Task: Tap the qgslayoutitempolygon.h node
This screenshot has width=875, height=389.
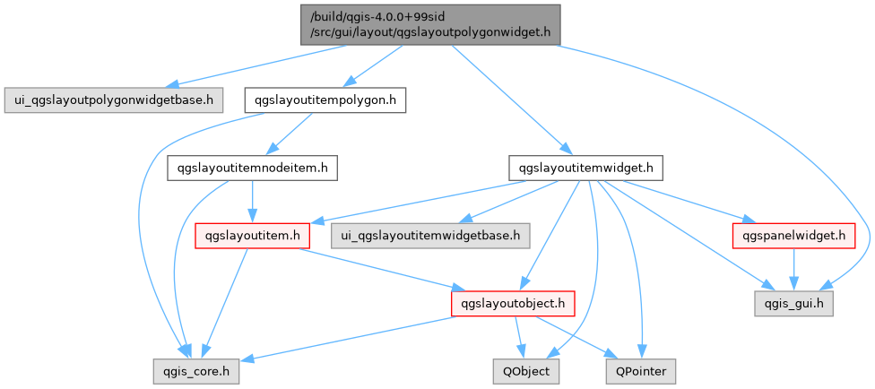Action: [x=325, y=99]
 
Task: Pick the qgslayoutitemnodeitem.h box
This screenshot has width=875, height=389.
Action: [x=253, y=168]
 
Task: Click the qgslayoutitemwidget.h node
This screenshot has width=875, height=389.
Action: [x=585, y=168]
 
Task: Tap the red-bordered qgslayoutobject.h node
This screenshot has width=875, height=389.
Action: [x=511, y=304]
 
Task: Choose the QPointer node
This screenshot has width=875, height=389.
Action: [x=640, y=369]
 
